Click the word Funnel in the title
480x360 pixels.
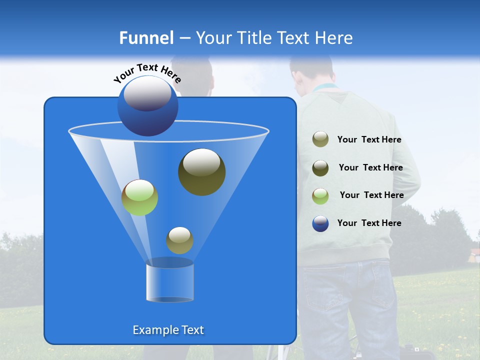point(146,37)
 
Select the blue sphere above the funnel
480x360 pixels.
point(148,106)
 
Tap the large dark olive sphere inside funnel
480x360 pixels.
point(201,172)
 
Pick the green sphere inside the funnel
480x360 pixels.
point(139,197)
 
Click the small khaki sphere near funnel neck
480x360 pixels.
point(179,240)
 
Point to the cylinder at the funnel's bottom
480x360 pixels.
point(169,281)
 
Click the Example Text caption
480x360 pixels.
point(168,330)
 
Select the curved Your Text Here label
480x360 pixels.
point(147,72)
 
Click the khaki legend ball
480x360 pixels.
point(320,139)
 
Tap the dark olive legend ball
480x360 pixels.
point(320,167)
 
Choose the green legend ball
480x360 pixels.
point(320,195)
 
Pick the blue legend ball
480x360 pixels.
point(320,223)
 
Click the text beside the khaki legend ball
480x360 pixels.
point(369,140)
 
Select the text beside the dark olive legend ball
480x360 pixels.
point(370,167)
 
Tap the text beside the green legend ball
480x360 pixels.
point(371,195)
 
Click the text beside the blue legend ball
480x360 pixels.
point(369,223)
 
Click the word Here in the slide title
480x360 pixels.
point(333,37)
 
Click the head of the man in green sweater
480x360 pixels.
point(311,72)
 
